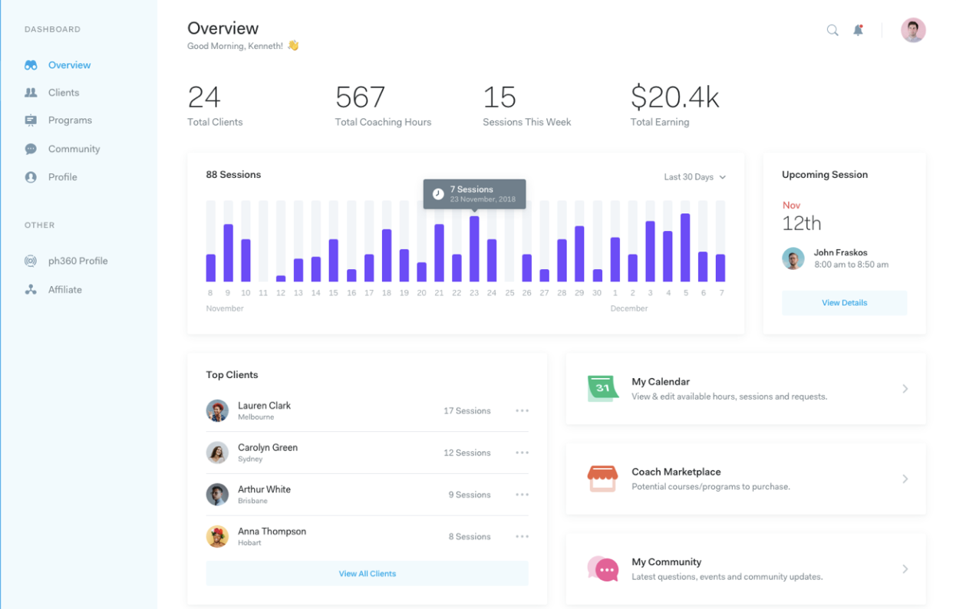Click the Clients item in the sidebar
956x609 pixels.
tap(63, 93)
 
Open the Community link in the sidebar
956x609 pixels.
tap(74, 149)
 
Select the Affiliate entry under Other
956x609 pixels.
tap(64, 290)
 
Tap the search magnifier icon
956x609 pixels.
tap(832, 31)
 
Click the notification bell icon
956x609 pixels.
tap(858, 31)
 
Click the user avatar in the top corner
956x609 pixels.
tap(913, 31)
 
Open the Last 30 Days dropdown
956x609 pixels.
tap(694, 177)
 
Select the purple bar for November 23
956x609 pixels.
tap(474, 249)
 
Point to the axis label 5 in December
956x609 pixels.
tap(686, 293)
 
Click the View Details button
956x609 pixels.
tap(844, 303)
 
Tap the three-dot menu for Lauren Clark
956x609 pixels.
tap(523, 411)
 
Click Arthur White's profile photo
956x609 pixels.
tap(217, 494)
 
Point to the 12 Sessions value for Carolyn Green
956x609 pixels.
tap(466, 453)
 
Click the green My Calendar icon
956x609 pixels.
tap(602, 389)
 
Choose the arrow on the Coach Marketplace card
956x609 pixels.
tap(905, 479)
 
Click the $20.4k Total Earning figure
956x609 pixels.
tap(674, 97)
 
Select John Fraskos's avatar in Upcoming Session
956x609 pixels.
tap(793, 258)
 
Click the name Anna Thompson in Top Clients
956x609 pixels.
tap(272, 532)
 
